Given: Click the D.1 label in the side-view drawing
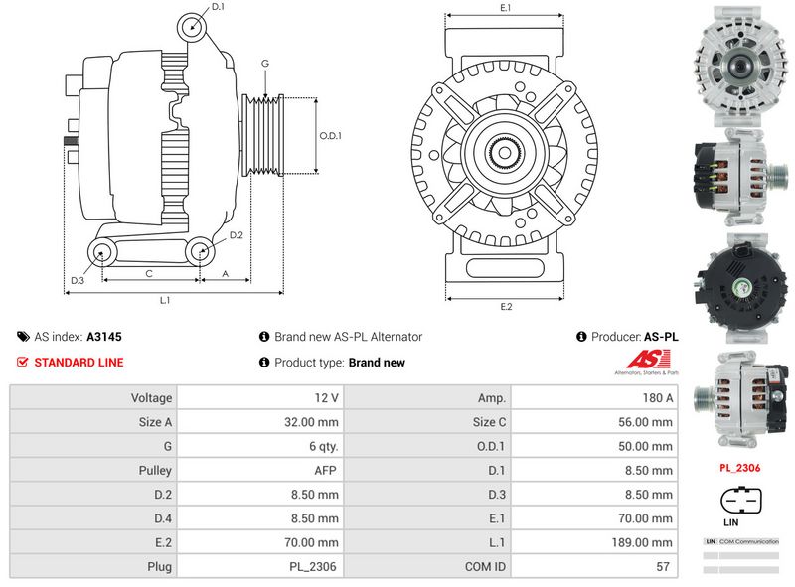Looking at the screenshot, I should click(x=218, y=7).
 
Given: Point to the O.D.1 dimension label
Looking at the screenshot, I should click(x=330, y=136).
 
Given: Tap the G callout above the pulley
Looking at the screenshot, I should click(x=265, y=64).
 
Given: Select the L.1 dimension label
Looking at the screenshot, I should click(x=165, y=299).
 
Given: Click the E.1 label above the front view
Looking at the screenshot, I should click(x=505, y=8).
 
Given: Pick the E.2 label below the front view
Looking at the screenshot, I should click(x=505, y=306).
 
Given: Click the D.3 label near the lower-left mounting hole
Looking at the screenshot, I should click(x=78, y=281).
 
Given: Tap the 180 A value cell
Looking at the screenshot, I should click(x=659, y=397).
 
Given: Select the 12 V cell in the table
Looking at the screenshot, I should click(x=326, y=397).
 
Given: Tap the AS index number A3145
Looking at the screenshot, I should click(x=104, y=337).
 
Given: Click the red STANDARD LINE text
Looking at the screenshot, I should click(x=79, y=363).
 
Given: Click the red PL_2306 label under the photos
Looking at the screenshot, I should click(x=740, y=467).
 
